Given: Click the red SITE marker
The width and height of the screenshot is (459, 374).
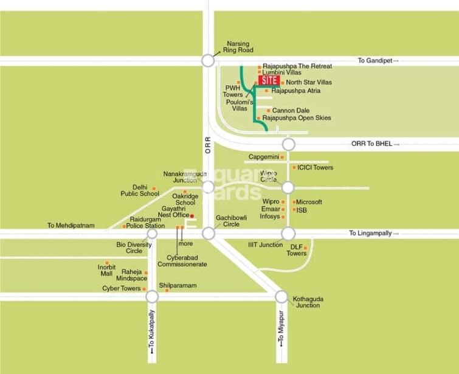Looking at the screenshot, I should (269, 80).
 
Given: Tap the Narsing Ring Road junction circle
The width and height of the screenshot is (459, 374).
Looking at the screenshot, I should (209, 60).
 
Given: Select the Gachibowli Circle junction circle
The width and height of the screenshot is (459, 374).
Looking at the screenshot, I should (209, 234).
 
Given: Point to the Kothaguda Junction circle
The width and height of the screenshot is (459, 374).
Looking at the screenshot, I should (281, 296).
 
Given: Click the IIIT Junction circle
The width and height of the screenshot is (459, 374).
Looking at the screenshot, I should (288, 234).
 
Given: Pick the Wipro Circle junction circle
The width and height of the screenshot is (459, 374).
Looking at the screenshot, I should (288, 187).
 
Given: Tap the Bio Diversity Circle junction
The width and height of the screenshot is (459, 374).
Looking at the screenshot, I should (152, 234).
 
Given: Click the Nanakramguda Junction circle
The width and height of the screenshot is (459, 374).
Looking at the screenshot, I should (209, 187).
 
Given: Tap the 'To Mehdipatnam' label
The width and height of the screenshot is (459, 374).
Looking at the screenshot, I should (71, 226).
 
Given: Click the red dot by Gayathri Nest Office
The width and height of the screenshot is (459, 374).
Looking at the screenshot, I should (192, 216).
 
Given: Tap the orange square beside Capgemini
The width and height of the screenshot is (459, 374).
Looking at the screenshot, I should (282, 157).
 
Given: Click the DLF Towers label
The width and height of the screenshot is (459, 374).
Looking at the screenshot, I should (297, 249).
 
